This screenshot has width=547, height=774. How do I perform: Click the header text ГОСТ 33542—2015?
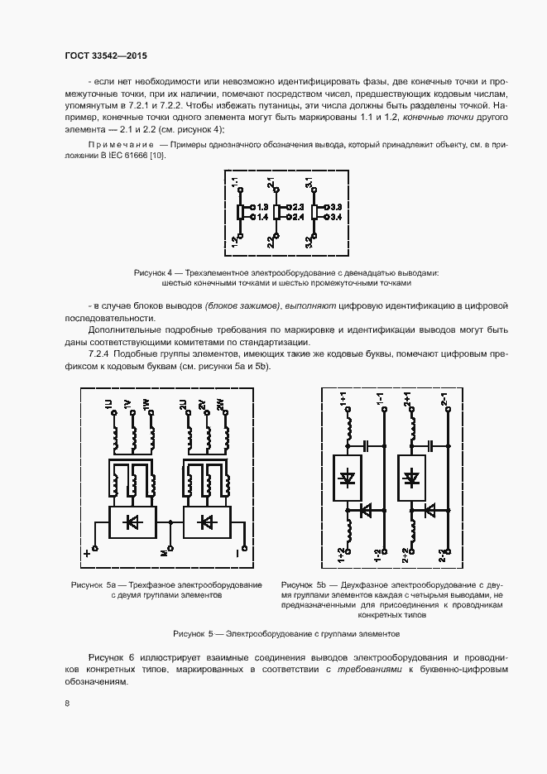tap(104, 56)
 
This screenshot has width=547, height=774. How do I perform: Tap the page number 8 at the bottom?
tap(66, 704)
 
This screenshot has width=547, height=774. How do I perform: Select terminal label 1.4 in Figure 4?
tap(261, 218)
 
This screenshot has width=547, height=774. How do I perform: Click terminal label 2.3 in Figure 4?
tap(299, 206)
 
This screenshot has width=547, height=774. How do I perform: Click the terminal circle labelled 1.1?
tap(240, 190)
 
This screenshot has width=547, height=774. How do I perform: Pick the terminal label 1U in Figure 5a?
tap(108, 406)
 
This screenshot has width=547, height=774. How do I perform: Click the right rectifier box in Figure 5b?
tap(411, 478)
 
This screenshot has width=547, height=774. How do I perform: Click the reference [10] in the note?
tap(157, 156)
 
